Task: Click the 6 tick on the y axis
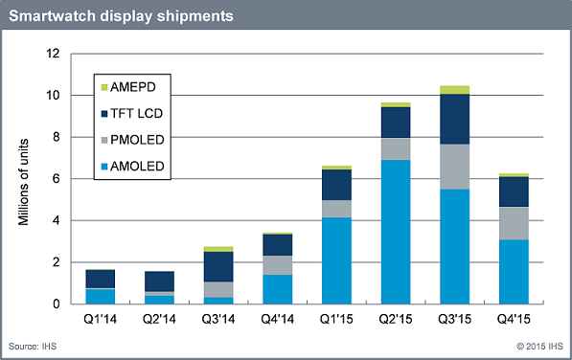point(60,179)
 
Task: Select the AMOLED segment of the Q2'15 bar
point(395,232)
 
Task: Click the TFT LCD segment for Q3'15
point(455,120)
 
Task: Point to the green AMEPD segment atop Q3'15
point(455,90)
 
